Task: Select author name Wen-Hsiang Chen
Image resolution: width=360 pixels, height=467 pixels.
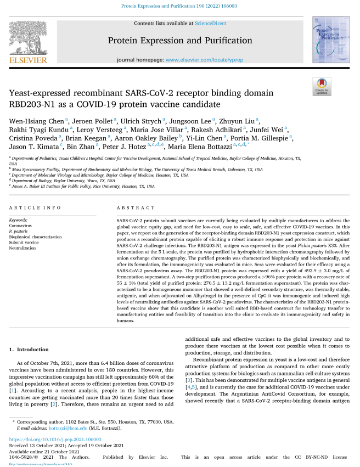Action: (37, 120)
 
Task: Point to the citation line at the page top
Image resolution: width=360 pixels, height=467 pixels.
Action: (179, 7)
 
